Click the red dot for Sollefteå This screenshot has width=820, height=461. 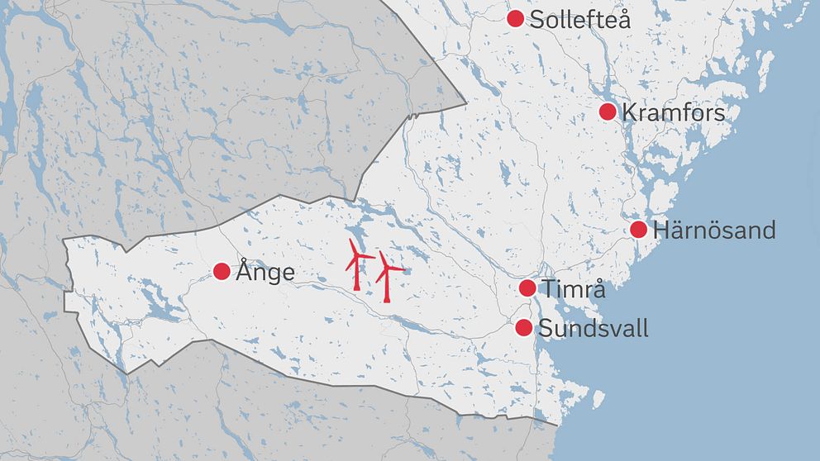(515, 18)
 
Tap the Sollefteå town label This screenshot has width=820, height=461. (579, 20)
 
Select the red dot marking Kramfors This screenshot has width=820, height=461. (608, 112)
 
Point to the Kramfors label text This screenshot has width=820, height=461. (673, 112)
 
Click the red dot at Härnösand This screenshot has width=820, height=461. (638, 230)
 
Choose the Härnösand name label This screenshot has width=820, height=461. (714, 230)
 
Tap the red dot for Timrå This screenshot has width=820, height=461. (527, 288)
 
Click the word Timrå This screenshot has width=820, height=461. (574, 289)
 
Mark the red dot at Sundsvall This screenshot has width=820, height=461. (523, 328)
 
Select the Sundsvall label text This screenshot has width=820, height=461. (593, 329)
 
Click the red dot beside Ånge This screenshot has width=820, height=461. (222, 271)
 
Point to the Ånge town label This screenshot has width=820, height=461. (265, 271)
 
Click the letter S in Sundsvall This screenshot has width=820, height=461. (546, 329)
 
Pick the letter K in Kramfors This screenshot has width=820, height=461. (629, 112)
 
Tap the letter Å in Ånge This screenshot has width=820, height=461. (244, 270)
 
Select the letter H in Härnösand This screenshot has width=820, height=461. (661, 230)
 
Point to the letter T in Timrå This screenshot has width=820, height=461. (549, 289)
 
